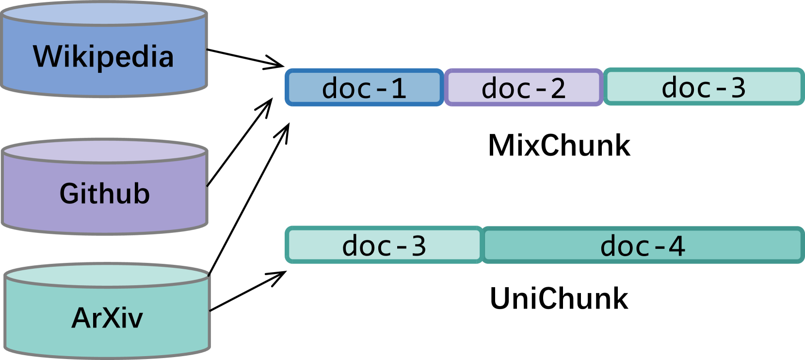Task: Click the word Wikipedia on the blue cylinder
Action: tap(103, 57)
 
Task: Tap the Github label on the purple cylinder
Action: tap(105, 194)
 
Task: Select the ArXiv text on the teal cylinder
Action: tap(107, 318)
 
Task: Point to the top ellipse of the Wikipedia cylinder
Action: tap(104, 14)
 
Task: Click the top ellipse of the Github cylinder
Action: tap(104, 151)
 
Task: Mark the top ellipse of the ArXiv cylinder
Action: tap(107, 276)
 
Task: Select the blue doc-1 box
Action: tap(364, 88)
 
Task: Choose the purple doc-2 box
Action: tap(524, 88)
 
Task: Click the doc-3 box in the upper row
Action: tap(704, 87)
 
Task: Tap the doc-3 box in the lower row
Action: tap(384, 245)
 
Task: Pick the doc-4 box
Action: tap(643, 245)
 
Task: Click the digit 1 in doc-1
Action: tap(399, 89)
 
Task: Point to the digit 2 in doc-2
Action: tap(558, 89)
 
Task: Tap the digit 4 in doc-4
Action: tap(677, 246)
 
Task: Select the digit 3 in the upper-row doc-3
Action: tap(738, 88)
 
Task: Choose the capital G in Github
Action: tap(70, 194)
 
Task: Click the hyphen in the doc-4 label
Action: tap(660, 247)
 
